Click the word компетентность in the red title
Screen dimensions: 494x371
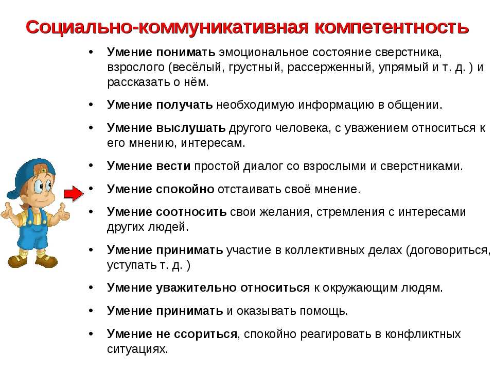pos(392,27)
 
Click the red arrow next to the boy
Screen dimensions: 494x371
pos(74,193)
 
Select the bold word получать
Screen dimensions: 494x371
pos(184,105)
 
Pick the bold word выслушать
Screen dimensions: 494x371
pos(191,128)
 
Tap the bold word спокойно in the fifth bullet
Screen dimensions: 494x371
pos(185,189)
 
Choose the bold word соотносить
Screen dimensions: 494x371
pos(191,212)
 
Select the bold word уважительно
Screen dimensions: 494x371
pos(197,288)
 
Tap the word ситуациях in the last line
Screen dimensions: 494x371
pos(137,349)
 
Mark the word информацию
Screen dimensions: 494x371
pos(336,105)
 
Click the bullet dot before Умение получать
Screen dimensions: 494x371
pos(91,104)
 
